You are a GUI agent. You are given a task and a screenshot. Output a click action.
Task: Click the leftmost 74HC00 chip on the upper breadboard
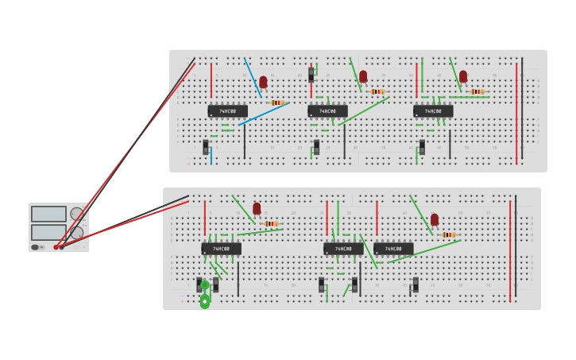[x=227, y=111]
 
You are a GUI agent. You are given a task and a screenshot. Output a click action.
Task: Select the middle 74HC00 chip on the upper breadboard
[x=327, y=111]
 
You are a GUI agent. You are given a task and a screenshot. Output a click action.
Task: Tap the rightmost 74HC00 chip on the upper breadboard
[x=433, y=111]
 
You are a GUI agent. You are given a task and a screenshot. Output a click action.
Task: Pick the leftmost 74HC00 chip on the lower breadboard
[x=221, y=249]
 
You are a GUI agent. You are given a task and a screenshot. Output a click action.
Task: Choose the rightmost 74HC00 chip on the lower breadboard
[x=393, y=249]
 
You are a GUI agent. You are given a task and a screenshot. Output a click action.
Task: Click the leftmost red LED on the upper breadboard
[x=263, y=82]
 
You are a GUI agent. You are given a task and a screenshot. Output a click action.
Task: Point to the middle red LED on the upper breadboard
[x=363, y=76]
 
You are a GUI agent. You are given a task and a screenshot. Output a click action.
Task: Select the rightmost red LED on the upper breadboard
[x=463, y=76]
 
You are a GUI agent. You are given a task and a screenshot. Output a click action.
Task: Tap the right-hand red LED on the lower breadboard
[x=435, y=219]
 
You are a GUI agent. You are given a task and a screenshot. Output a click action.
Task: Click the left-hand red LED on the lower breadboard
[x=257, y=208]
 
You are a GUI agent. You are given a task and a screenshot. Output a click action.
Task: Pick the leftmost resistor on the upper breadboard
[x=277, y=103]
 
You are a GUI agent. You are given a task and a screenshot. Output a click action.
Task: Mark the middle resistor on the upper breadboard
[x=377, y=91]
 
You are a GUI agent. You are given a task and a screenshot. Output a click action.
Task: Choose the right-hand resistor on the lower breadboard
[x=449, y=235]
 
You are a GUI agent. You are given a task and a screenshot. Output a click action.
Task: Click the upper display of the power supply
[x=48, y=214]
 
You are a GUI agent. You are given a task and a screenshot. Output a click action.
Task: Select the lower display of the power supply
[x=48, y=232]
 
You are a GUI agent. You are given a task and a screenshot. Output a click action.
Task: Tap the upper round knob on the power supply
[x=77, y=214]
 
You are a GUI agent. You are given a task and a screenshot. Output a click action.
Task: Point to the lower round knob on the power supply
[x=77, y=232]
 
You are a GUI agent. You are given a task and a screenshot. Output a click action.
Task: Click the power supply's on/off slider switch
[x=35, y=247]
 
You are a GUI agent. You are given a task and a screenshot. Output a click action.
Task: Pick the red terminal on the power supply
[x=56, y=247]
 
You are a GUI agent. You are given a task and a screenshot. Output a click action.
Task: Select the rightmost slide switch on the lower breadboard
[x=416, y=284]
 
